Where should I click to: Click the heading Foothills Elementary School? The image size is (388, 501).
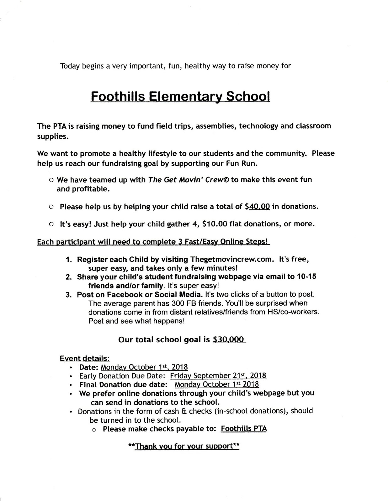(180, 96)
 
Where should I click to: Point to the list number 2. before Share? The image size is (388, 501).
(69, 277)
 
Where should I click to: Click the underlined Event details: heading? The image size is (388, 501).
(84, 358)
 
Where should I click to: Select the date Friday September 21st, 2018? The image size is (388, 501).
(218, 376)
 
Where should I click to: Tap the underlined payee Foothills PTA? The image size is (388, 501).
(244, 429)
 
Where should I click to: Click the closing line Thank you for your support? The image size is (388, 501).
(184, 446)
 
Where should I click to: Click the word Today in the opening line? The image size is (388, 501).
(70, 66)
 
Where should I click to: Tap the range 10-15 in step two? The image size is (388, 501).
(306, 277)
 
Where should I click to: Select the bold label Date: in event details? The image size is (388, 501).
(89, 367)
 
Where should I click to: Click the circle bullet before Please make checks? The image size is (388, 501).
(93, 430)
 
